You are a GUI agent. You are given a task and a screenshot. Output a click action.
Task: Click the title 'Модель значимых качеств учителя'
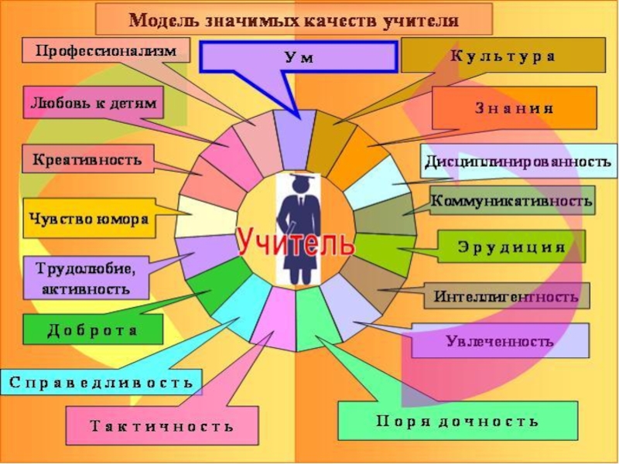click(293, 19)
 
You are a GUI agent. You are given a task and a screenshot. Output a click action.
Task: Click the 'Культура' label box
click(503, 56)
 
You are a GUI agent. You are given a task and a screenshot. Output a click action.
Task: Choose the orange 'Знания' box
click(514, 107)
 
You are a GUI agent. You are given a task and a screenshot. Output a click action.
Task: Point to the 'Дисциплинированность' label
click(518, 162)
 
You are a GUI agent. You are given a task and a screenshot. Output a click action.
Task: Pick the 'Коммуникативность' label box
click(511, 200)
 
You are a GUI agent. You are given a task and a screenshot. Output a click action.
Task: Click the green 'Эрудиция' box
click(511, 247)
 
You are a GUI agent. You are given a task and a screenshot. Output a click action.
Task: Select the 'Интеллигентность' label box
click(506, 295)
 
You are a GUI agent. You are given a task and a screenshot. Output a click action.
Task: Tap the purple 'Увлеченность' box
click(500, 340)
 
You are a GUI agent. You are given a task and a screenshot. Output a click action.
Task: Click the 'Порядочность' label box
click(457, 421)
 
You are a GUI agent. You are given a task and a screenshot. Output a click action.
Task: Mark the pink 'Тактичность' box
click(162, 426)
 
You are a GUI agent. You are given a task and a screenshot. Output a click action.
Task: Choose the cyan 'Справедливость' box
click(101, 382)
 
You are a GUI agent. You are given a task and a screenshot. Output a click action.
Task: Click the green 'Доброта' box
click(93, 329)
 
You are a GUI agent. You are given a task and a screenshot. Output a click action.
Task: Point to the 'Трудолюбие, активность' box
click(86, 278)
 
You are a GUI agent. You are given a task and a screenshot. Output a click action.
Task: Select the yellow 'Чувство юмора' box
click(88, 218)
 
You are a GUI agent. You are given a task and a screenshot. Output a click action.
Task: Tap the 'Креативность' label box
click(87, 160)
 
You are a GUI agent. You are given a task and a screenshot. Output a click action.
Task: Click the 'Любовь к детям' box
click(93, 103)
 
